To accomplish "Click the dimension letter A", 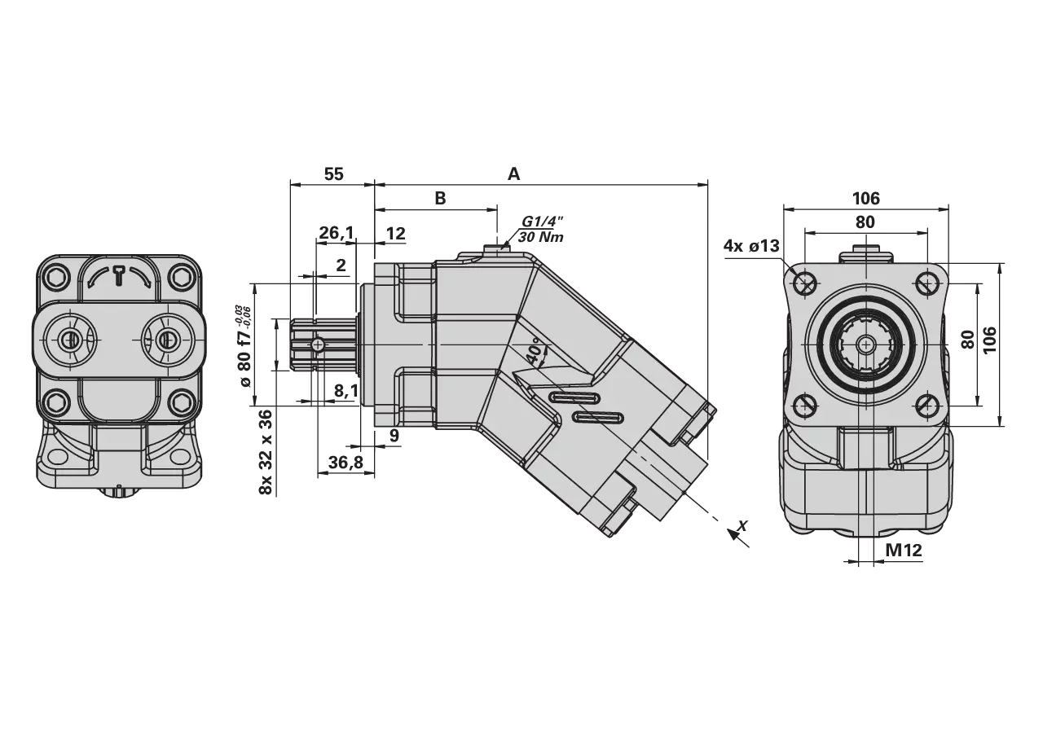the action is (513, 174).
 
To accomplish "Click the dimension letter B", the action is (440, 198).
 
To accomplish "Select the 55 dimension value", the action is (333, 174).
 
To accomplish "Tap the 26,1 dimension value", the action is (337, 233).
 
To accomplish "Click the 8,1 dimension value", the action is (346, 391).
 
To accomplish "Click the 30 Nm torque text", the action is (540, 237).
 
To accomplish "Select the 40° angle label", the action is (535, 353).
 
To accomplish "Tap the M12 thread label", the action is (904, 551).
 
